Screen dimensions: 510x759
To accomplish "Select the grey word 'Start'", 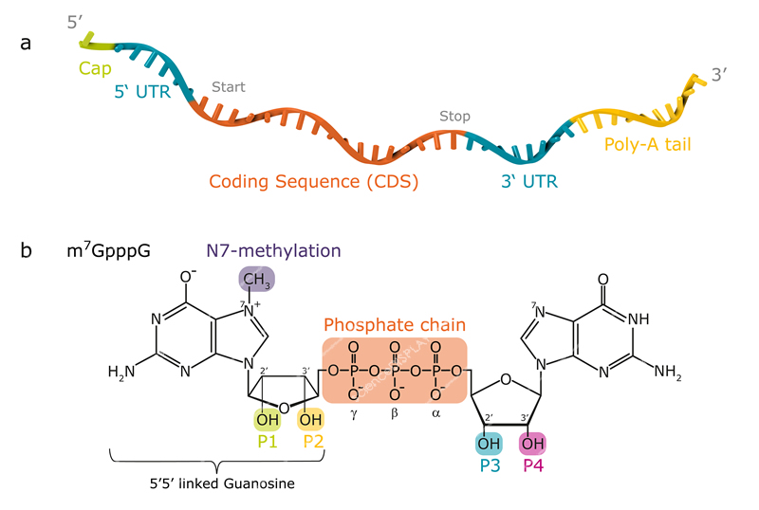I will point(229,87).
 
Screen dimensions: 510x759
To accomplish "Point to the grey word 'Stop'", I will point(454,117).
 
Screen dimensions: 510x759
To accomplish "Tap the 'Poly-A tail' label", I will point(647,145).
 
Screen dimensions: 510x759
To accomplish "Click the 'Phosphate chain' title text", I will point(394,323).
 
